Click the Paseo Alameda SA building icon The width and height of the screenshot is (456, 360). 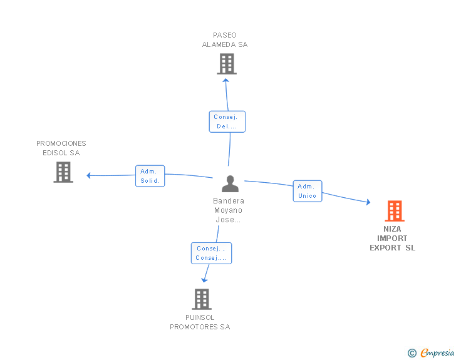tap(226, 64)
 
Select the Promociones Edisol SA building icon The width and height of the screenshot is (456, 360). tap(63, 172)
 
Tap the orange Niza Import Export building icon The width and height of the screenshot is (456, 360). tap(394, 211)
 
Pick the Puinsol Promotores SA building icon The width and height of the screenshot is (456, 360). tap(201, 299)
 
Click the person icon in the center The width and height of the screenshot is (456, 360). tap(231, 184)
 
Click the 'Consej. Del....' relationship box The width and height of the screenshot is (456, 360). tap(227, 121)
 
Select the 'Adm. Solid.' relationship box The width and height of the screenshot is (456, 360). tap(150, 176)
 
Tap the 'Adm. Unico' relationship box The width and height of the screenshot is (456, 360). tap(307, 191)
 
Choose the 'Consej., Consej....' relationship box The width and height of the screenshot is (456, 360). tap(211, 253)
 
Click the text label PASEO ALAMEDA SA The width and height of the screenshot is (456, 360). tap(225, 40)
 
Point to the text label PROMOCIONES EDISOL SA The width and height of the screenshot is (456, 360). tap(61, 148)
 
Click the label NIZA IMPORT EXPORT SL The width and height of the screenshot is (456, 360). tap(393, 239)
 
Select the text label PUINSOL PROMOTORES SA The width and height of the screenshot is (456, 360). tap(200, 322)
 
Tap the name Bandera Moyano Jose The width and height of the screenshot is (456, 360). tap(229, 210)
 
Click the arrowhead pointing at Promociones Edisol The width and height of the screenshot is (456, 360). tap(89, 175)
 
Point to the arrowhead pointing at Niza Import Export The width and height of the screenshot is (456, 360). tap(368, 202)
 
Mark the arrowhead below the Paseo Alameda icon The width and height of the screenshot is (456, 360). tap(226, 80)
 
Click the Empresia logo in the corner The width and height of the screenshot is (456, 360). tap(437, 353)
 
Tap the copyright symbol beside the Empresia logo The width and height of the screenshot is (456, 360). tap(412, 354)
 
